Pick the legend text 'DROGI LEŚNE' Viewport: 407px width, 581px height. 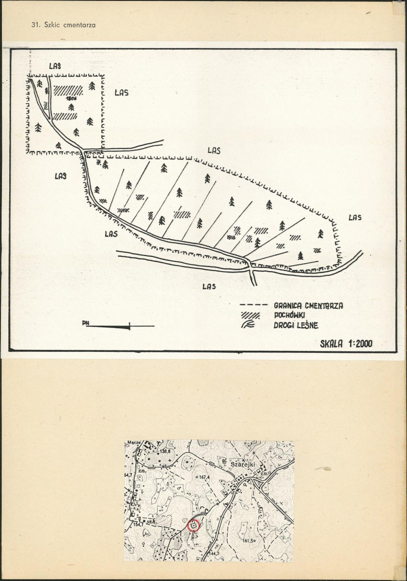(x=296, y=325)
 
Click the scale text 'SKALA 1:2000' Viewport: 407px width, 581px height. (x=346, y=344)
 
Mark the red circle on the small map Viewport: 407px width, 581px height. (x=193, y=525)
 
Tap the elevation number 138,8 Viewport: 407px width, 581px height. (x=166, y=451)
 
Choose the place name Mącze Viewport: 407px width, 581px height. (x=134, y=443)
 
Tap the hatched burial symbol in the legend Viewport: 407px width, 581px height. (x=250, y=316)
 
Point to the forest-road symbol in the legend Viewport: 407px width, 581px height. (x=249, y=325)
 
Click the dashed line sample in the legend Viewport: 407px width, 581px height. (x=253, y=306)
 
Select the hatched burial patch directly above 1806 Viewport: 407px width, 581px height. (x=68, y=90)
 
